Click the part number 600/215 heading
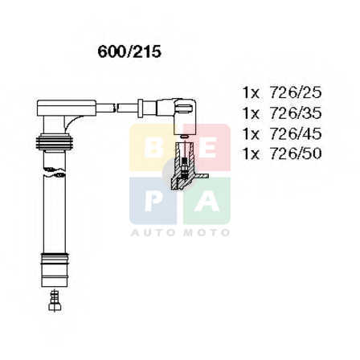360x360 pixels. pyautogui.click(x=129, y=51)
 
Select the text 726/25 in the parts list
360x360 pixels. pyautogui.click(x=296, y=93)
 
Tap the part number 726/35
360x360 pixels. pyautogui.click(x=296, y=113)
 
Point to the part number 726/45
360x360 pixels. pyautogui.click(x=296, y=133)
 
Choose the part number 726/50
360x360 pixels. pyautogui.click(x=296, y=153)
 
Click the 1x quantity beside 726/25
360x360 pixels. pyautogui.click(x=251, y=93)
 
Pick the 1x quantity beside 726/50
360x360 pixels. pyautogui.click(x=251, y=153)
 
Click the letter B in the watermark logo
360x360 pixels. pyautogui.click(x=153, y=148)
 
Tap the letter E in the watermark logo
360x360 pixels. pyautogui.click(x=208, y=148)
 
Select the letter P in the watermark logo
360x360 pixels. pyautogui.click(x=153, y=201)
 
